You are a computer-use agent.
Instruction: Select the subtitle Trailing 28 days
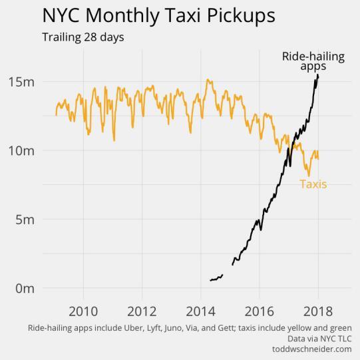83,37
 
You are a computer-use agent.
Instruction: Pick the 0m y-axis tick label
25,288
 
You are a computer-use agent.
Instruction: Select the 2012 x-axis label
142,312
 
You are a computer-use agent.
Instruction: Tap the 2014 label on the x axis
200,312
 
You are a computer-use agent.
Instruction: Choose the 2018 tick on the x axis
317,312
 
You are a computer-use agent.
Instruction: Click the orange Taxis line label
313,184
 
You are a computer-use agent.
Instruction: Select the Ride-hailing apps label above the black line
313,61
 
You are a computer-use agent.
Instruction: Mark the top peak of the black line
317,75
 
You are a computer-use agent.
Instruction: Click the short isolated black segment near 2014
216,277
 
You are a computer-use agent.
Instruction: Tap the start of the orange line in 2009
57,114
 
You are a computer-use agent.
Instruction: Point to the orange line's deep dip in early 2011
114,140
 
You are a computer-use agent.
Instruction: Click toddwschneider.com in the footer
312,349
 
